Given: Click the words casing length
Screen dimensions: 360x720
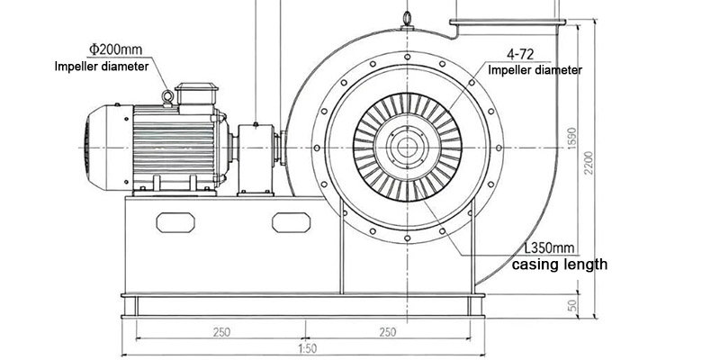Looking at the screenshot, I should [560, 265].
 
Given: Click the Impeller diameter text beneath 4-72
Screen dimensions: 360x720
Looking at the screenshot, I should [535, 70].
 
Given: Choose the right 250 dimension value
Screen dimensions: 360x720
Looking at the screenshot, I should [386, 332].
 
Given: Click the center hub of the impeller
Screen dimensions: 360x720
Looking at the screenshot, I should [408, 146].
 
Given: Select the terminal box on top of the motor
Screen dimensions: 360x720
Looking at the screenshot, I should [197, 94].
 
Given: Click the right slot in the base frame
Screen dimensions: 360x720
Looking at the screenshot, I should [290, 220].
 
